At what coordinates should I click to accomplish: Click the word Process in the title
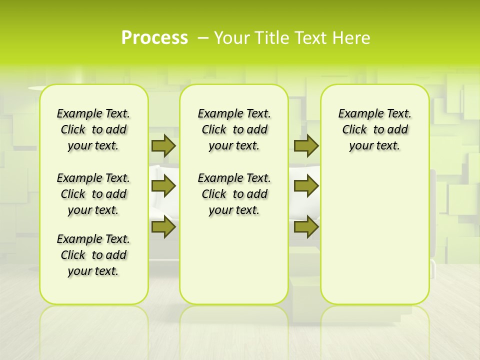tap(154, 37)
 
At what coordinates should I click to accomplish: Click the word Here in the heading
tap(352, 38)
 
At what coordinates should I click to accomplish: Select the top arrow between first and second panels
tap(163, 145)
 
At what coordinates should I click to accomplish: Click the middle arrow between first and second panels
tap(163, 186)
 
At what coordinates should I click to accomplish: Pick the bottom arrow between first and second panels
tap(163, 226)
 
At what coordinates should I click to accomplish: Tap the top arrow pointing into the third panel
tap(306, 145)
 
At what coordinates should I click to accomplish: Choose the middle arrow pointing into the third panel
tap(306, 186)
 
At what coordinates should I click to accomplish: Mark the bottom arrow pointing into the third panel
tap(306, 226)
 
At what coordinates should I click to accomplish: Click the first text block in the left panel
tap(93, 129)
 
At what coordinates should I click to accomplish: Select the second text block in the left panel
tap(93, 194)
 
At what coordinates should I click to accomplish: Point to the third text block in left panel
tap(93, 255)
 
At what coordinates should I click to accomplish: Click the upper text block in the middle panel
tap(234, 129)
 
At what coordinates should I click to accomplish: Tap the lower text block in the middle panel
tap(234, 194)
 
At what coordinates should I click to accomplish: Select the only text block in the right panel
tap(374, 129)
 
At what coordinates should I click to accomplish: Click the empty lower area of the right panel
tap(374, 235)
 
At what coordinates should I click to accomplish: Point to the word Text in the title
tap(312, 38)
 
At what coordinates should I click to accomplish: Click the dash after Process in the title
tap(203, 38)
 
